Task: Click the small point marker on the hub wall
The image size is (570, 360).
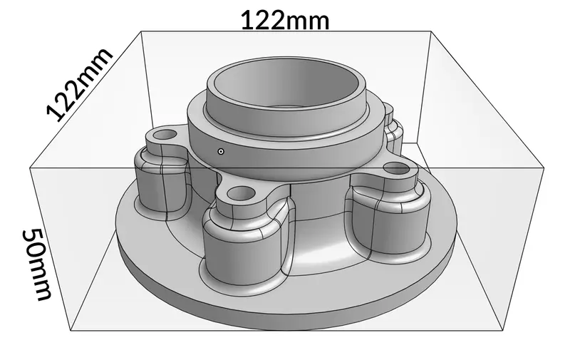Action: (221, 151)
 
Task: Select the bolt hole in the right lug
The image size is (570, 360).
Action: (394, 170)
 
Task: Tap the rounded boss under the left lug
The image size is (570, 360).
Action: (160, 185)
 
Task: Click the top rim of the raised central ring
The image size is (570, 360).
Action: (285, 107)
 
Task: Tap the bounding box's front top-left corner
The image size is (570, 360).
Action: (30, 168)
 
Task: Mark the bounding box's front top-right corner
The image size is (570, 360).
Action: (544, 168)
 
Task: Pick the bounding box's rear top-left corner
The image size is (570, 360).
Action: (142, 31)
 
